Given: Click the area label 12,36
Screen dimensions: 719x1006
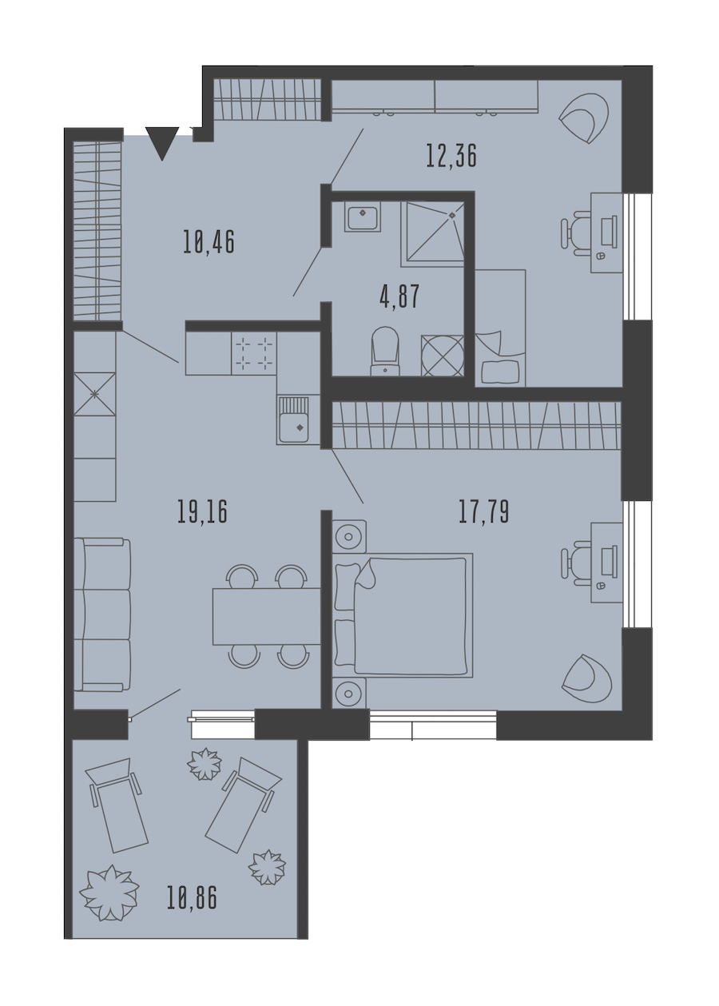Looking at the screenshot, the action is click(451, 156).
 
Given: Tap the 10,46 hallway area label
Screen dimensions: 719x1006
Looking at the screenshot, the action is click(209, 243).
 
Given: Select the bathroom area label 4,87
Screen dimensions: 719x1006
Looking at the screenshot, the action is click(399, 296).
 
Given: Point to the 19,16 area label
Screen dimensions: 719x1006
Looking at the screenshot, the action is click(203, 512).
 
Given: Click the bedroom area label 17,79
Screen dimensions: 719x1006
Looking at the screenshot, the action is click(483, 512).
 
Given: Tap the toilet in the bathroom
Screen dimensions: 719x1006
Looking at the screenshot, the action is click(385, 352).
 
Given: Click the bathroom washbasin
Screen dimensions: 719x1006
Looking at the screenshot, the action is click(363, 217).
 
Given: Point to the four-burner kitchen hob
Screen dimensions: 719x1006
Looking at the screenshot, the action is click(254, 353).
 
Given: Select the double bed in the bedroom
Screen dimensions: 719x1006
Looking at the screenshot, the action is click(403, 614).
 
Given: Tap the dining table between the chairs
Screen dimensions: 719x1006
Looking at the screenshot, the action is click(266, 616).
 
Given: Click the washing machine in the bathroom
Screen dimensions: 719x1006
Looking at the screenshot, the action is click(443, 356).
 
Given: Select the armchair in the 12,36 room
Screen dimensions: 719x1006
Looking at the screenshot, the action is click(584, 118).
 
